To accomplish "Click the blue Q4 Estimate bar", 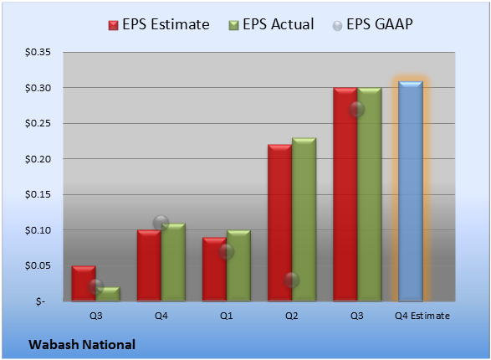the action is [411, 191].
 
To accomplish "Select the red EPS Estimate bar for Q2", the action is [279, 223].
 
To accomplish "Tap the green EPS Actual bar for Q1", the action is [238, 265].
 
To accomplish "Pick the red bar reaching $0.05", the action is [84, 284].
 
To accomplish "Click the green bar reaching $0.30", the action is [370, 194].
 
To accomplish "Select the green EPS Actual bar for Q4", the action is [173, 262].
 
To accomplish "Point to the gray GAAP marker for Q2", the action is [292, 280].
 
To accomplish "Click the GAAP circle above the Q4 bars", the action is [161, 223].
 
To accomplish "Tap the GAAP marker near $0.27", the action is [357, 109].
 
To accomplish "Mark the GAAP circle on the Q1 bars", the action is [226, 251].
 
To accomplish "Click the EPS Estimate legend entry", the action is [159, 25].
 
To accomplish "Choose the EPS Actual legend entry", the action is [271, 25].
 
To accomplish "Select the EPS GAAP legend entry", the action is [372, 25].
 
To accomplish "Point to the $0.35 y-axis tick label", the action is [38, 52].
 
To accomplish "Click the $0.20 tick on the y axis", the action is [38, 159].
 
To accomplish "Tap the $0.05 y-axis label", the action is [38, 265].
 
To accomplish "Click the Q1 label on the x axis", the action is [227, 316].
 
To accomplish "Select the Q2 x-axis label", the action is [292, 316].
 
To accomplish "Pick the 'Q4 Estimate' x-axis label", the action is [422, 316].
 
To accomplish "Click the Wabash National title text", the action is [82, 345].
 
